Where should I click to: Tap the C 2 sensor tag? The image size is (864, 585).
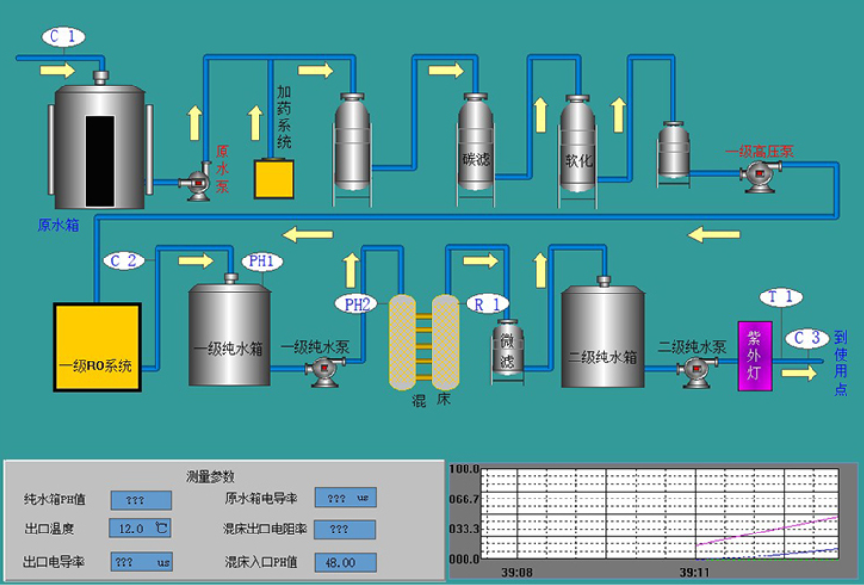point(124,260)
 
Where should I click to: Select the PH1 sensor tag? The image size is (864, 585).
point(262,261)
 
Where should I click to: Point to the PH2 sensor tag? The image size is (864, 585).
point(357,304)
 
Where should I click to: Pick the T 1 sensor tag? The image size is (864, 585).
point(781,296)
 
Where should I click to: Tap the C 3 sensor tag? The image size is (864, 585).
point(806,338)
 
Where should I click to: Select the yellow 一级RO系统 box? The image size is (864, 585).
point(97,347)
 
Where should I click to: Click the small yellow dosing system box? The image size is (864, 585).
point(274,179)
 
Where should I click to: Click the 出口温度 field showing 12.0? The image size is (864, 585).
point(141,529)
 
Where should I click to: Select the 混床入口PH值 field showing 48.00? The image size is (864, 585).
point(345,562)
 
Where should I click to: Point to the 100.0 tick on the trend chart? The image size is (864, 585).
point(464,469)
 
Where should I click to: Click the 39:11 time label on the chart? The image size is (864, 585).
point(693,573)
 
